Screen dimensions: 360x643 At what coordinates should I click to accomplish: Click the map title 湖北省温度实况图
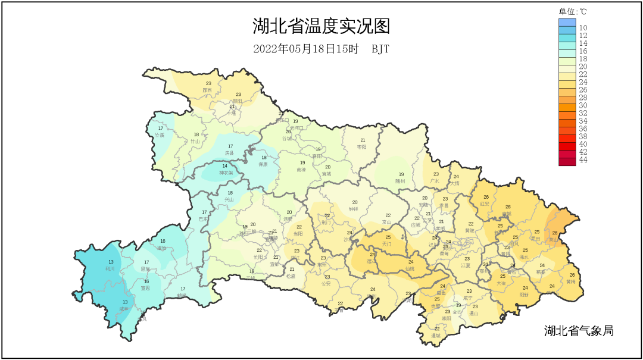coord(321,27)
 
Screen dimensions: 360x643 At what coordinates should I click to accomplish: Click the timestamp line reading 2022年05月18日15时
coord(305,49)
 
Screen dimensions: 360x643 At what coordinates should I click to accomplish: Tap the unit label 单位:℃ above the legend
coord(573,11)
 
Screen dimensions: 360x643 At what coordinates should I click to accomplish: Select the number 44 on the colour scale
coord(583,160)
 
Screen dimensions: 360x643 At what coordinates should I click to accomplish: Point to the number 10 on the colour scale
coord(583,28)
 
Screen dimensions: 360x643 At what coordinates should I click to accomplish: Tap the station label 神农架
coord(225,173)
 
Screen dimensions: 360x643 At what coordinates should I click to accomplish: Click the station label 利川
coord(110,268)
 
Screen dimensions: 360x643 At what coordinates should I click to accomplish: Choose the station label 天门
coord(388,244)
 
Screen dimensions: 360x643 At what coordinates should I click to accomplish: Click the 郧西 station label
coord(207,90)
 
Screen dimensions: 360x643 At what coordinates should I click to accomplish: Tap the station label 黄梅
coord(571,281)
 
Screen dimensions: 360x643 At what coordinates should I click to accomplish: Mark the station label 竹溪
coord(160,135)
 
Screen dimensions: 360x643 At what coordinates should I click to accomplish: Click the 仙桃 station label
coord(410,268)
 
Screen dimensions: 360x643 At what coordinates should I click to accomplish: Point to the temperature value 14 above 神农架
coord(224,166)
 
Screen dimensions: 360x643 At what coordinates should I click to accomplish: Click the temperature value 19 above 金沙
coord(457,305)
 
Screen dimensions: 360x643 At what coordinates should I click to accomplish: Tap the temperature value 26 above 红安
coord(486,197)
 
